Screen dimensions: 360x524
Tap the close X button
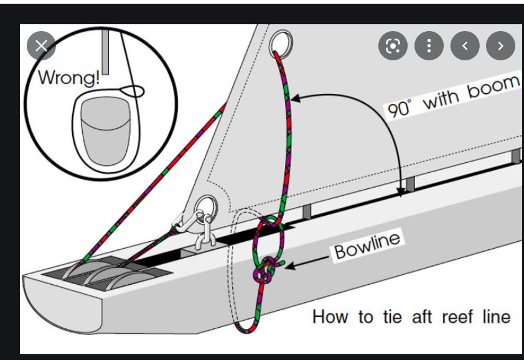click(x=41, y=45)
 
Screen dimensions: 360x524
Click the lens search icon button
click(x=393, y=46)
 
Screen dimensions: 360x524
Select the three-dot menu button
click(x=429, y=46)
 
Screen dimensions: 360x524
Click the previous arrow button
click(x=465, y=46)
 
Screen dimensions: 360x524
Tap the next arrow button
click(x=500, y=46)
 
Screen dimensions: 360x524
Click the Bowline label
click(x=367, y=244)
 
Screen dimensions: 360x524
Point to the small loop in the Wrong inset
click(x=133, y=91)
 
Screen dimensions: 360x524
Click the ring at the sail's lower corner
click(x=206, y=206)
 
